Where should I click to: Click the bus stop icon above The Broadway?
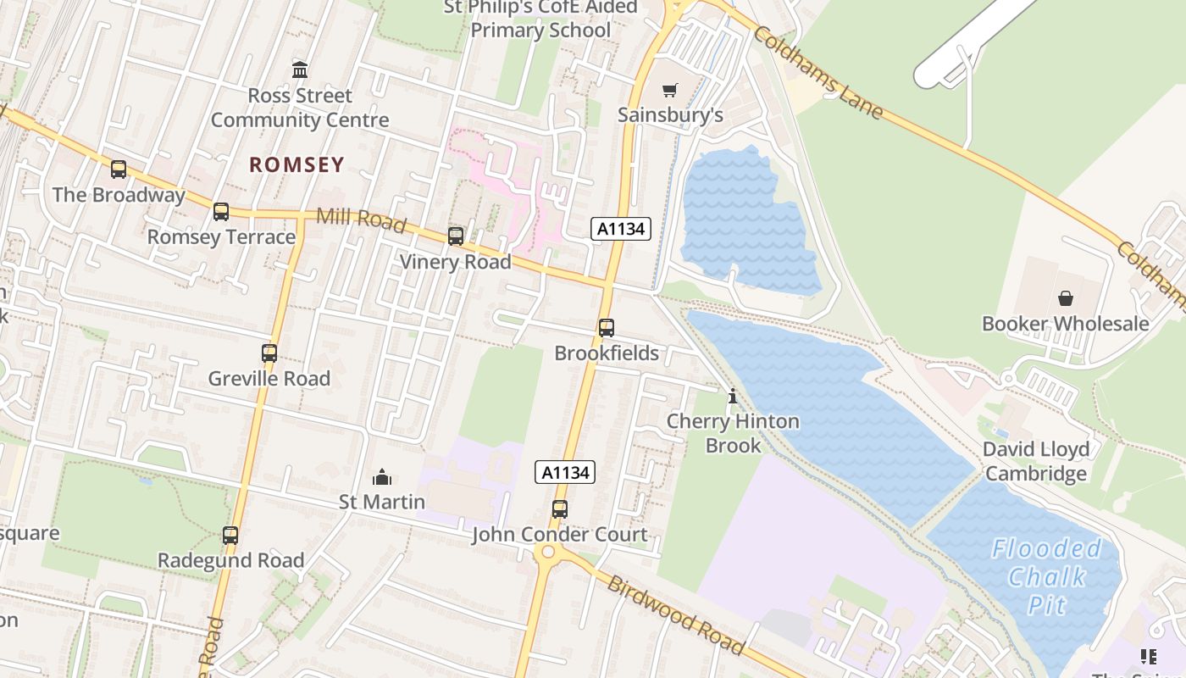pyautogui.click(x=119, y=169)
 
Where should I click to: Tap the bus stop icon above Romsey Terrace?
pyautogui.click(x=221, y=211)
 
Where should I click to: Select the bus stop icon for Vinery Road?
pyautogui.click(x=456, y=236)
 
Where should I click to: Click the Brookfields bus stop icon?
pyautogui.click(x=606, y=327)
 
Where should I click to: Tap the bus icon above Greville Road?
pyautogui.click(x=269, y=353)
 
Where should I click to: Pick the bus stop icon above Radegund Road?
pyautogui.click(x=230, y=535)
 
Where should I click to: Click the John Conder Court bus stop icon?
pyautogui.click(x=559, y=508)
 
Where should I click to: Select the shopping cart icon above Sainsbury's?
pyautogui.click(x=670, y=89)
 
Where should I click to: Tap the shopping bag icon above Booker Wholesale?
pyautogui.click(x=1065, y=297)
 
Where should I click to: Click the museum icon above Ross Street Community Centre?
pyautogui.click(x=300, y=69)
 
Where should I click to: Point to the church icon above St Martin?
pyautogui.click(x=382, y=477)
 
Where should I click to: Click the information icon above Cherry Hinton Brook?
pyautogui.click(x=733, y=396)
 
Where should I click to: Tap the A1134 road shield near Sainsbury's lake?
pyautogui.click(x=621, y=228)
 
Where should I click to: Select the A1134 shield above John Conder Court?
pyautogui.click(x=565, y=472)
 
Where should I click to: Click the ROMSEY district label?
pyautogui.click(x=296, y=164)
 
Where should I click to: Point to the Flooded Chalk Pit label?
pyautogui.click(x=1046, y=576)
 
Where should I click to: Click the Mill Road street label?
pyautogui.click(x=361, y=218)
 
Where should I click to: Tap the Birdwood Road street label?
pyautogui.click(x=676, y=616)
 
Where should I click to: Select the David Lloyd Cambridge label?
pyautogui.click(x=1036, y=461)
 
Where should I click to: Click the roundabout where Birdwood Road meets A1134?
pyautogui.click(x=548, y=553)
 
